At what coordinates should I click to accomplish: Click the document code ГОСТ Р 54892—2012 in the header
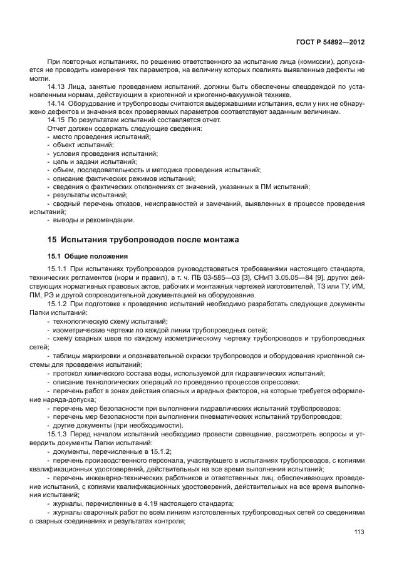click(x=330, y=42)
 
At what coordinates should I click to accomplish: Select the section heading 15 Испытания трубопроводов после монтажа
click(x=143, y=240)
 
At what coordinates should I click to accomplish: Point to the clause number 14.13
click(x=57, y=87)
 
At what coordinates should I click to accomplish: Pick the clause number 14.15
click(x=57, y=120)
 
